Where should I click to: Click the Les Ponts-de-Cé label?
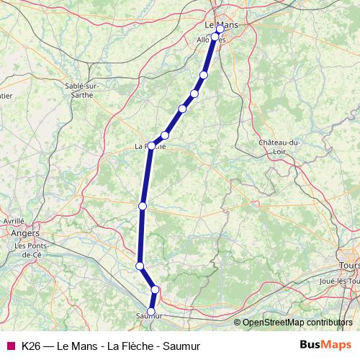tap(30, 249)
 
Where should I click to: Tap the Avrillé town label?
tap(14, 222)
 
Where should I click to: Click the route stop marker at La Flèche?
tap(151, 145)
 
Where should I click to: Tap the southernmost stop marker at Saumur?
tap(150, 311)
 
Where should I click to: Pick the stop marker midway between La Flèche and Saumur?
tap(143, 206)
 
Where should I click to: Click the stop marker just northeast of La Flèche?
tap(165, 135)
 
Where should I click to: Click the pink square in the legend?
tap(10, 346)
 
